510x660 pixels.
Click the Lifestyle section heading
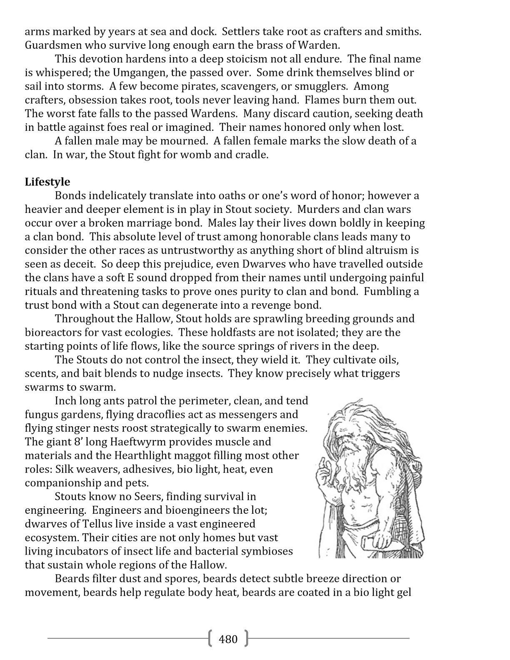[47, 182]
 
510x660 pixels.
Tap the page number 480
[228, 638]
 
